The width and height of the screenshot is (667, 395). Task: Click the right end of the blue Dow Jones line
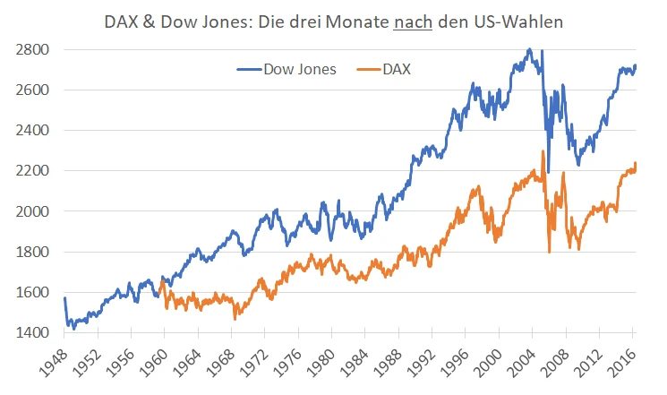[x=637, y=65]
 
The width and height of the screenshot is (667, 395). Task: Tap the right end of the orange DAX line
[x=637, y=164]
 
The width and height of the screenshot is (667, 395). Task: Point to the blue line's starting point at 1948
[x=65, y=298]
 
